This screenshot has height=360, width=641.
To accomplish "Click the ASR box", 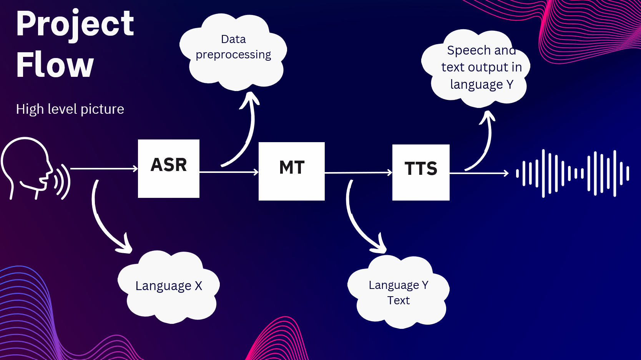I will (169, 169).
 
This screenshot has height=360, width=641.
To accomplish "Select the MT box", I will (292, 171).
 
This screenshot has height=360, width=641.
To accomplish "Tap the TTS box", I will (421, 173).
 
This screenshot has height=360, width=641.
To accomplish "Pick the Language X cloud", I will (169, 287).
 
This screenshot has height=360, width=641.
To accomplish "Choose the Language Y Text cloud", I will (398, 292).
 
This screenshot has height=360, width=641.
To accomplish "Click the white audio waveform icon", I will (573, 173).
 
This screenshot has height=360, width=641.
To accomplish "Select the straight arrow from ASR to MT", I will (229, 172).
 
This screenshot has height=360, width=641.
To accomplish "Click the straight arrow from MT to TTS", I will (358, 173).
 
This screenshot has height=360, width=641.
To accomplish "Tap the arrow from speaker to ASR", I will (104, 169).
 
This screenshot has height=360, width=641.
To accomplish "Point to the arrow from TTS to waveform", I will (479, 174).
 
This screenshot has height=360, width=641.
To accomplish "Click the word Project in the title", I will (75, 24).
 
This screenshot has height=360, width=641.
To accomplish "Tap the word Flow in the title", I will (55, 65).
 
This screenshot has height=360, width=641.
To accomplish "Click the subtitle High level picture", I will (70, 109).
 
